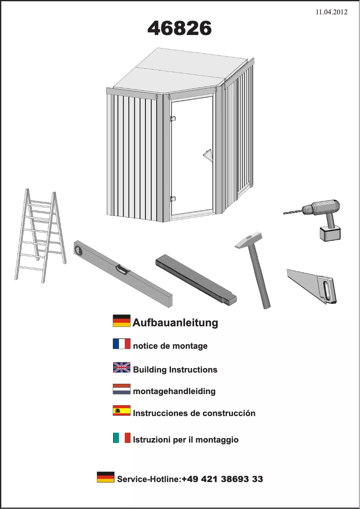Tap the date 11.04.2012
332,13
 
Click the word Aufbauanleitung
175,322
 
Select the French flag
121,344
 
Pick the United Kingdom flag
121,368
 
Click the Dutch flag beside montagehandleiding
121,389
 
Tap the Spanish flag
121,411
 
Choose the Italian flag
121,438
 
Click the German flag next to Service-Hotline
105,477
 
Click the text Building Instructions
175,370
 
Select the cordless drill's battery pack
329,233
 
